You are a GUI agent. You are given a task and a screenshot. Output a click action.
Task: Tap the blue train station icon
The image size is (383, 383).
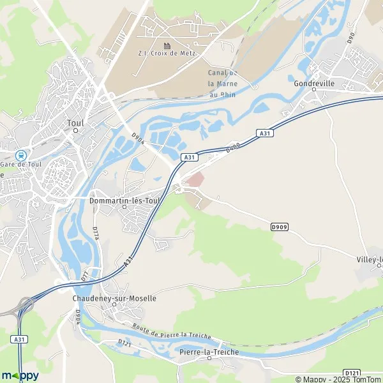22,154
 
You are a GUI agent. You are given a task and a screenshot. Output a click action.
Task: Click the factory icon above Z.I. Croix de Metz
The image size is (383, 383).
167,46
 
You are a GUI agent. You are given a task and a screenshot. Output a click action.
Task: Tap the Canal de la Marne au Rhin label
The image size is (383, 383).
223,84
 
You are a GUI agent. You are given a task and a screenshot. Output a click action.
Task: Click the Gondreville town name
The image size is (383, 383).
314,84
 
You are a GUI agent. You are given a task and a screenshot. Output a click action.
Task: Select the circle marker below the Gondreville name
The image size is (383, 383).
314,91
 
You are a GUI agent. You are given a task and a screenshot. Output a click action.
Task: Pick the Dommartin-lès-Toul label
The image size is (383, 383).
124,199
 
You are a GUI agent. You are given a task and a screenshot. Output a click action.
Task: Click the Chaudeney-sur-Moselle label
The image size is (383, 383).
114,297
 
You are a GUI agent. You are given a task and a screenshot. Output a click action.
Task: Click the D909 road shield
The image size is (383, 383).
279,227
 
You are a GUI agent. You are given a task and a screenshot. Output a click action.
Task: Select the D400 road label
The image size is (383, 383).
232,148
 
